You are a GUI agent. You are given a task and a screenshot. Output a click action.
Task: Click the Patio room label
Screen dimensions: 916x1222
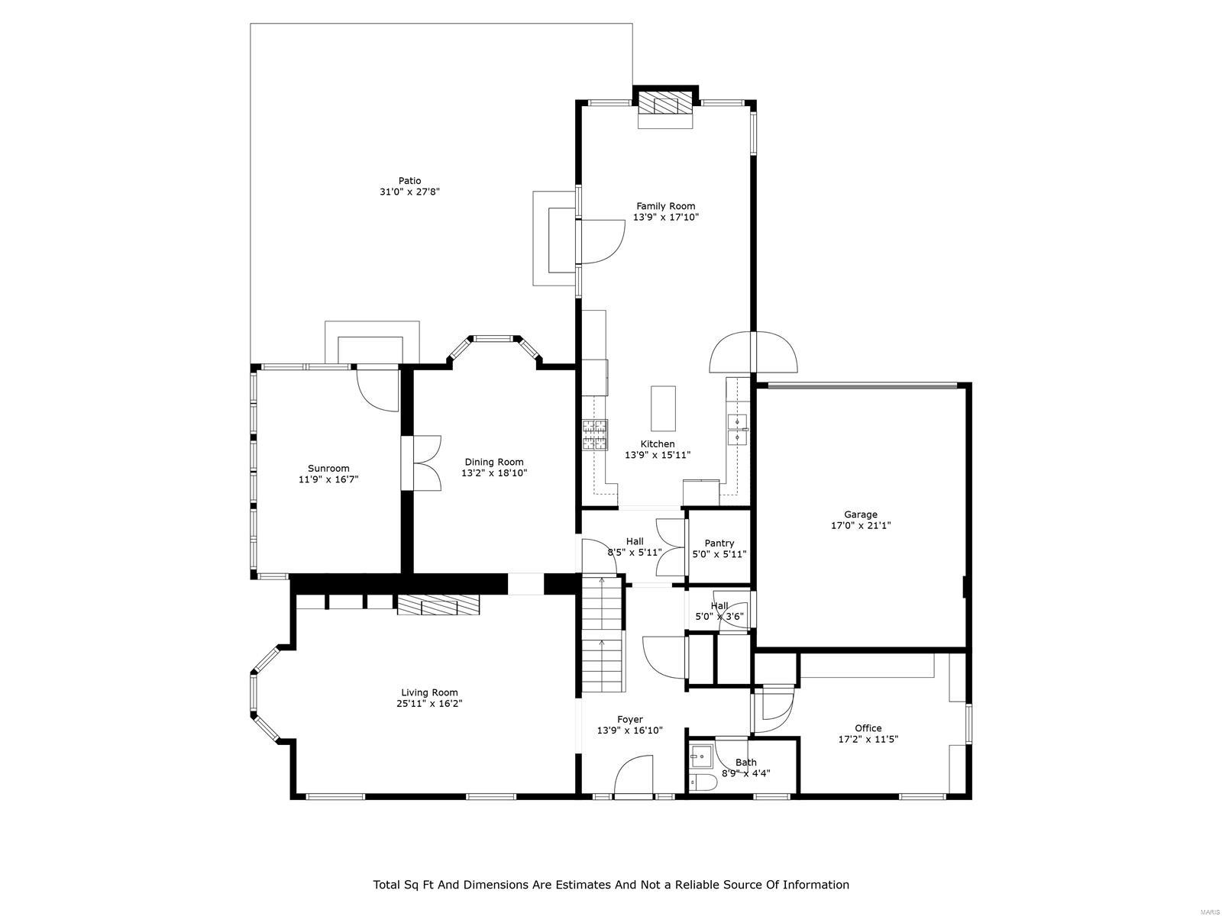point(409,181)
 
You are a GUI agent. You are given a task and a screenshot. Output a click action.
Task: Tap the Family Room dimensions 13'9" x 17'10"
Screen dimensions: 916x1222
point(666,218)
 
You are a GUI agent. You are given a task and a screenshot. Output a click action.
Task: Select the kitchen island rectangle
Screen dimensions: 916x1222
point(663,408)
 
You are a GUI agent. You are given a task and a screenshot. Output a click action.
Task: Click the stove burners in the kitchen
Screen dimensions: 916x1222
point(595,434)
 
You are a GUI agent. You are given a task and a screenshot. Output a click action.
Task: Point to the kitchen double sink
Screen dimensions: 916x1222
point(738,429)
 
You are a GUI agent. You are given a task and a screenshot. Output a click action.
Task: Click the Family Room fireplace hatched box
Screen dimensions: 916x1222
point(658,105)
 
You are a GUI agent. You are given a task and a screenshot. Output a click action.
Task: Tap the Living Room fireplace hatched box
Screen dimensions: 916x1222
point(438,606)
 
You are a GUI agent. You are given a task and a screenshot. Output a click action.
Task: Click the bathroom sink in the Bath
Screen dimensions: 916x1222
point(700,757)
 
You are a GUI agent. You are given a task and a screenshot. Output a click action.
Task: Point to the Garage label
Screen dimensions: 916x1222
point(861,514)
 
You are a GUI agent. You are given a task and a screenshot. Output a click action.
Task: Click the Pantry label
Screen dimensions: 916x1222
point(719,543)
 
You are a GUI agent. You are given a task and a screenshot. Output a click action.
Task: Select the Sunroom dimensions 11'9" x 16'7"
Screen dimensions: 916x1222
point(328,480)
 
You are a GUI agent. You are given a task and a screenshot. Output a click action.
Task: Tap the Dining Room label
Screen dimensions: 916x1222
point(494,462)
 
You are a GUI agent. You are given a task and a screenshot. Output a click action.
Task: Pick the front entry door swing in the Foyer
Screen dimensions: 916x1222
point(634,776)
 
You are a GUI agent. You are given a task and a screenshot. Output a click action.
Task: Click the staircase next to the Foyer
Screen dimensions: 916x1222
point(603,635)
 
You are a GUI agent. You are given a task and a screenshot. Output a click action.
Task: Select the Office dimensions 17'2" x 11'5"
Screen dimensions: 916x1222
point(868,739)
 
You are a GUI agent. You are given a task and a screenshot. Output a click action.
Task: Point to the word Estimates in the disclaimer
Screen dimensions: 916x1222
point(584,885)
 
